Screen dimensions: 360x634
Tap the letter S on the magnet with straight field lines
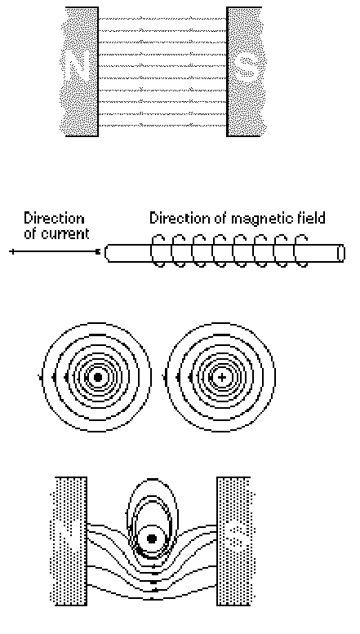(247, 68)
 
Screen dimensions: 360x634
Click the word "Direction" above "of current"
(54, 219)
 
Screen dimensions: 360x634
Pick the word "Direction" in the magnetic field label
(180, 218)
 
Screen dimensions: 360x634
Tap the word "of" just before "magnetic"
(221, 218)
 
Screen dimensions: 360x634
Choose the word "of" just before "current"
(29, 234)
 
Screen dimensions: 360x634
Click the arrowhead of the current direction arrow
(97, 252)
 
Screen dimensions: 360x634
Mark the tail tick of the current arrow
(12, 252)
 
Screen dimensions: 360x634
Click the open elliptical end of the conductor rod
(341, 253)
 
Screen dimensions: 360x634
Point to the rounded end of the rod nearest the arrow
(106, 253)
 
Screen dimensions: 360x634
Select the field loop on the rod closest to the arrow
(152, 251)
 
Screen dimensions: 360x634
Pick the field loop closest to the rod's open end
(296, 251)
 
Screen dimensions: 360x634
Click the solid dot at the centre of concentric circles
(97, 378)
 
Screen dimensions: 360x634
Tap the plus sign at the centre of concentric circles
(222, 378)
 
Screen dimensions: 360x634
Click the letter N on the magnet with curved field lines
(68, 540)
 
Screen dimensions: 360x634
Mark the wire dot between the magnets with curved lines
(152, 539)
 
